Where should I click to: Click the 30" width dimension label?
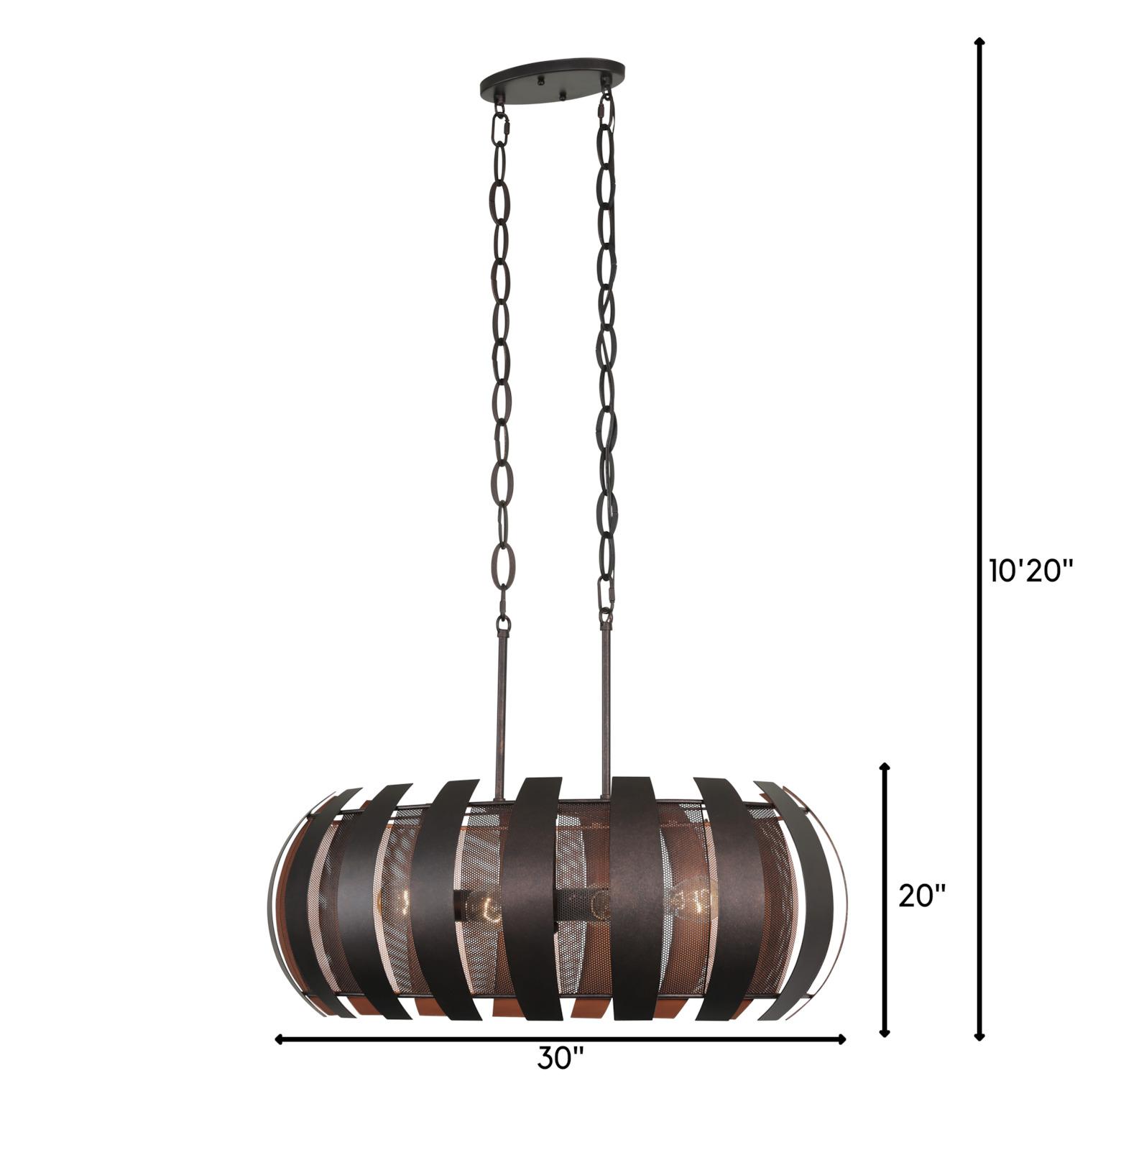coord(560,1057)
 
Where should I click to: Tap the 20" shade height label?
coord(922,896)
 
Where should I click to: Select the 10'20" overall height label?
coord(1030,571)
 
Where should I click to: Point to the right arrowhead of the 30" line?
coord(841,1039)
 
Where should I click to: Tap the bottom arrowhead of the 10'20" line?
coord(979,1034)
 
